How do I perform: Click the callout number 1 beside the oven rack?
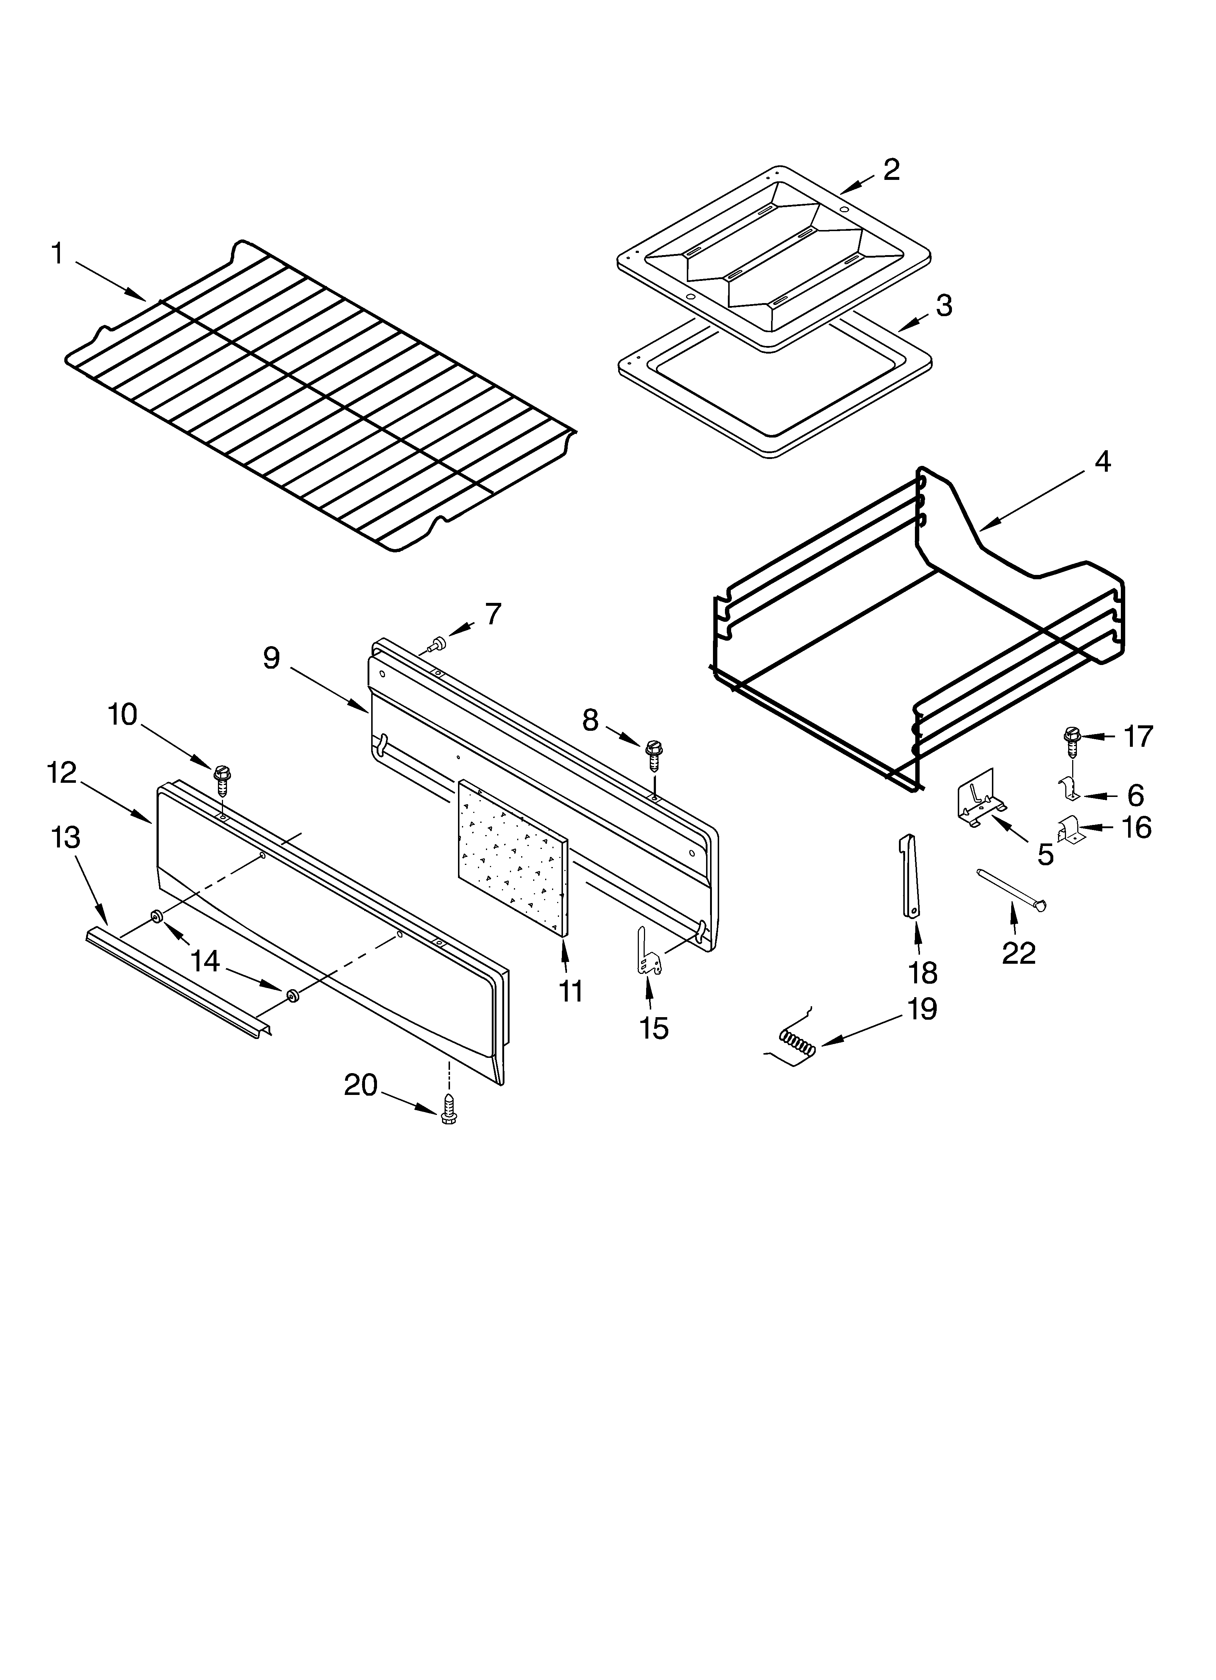coord(57,254)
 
